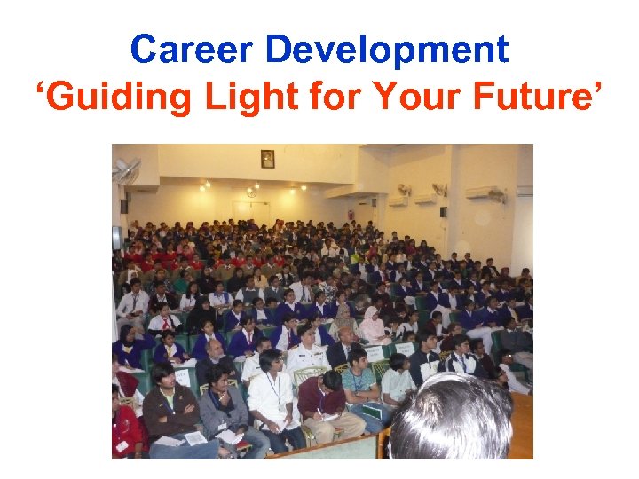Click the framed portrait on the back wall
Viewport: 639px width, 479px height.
coord(268,159)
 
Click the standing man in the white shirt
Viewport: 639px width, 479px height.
coord(273,399)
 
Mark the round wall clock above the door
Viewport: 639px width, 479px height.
coord(252,192)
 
